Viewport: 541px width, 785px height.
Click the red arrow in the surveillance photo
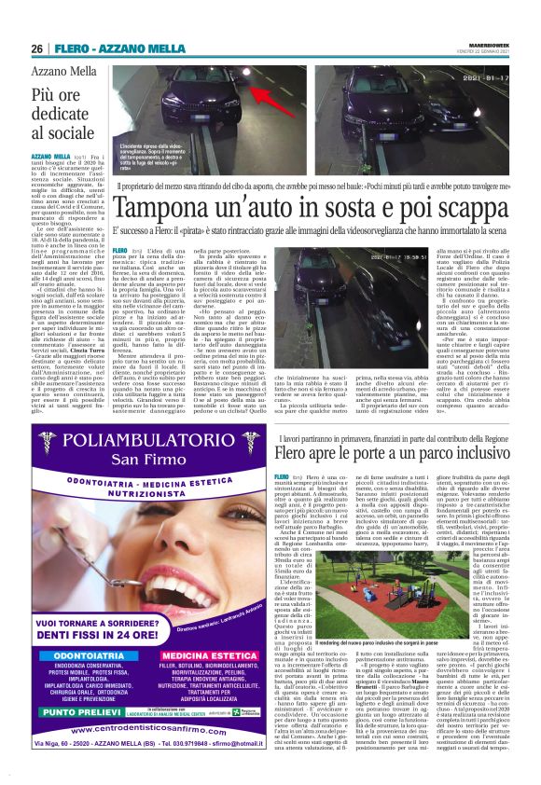pos(271,95)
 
